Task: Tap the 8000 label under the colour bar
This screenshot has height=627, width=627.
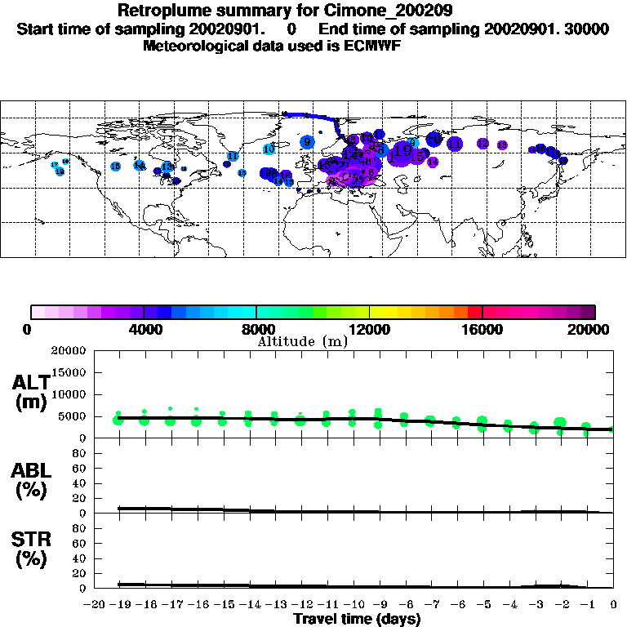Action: click(256, 330)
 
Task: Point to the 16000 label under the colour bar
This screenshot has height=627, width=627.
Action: click(482, 330)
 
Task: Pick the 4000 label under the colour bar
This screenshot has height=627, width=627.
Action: click(144, 330)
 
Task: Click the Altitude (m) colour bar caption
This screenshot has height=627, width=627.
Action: click(302, 341)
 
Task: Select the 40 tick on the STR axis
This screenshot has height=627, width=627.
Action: click(80, 558)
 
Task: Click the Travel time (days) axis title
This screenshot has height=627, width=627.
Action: click(357, 619)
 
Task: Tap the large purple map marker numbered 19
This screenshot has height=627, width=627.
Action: click(402, 151)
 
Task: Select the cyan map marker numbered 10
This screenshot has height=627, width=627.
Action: click(269, 149)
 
